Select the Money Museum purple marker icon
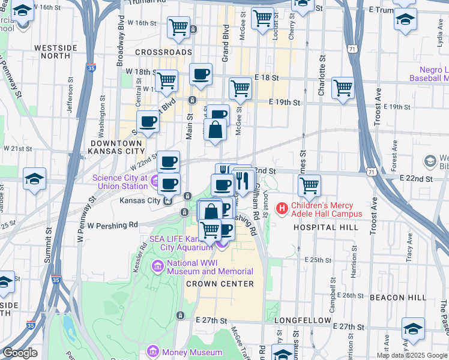153,350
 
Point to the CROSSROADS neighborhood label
163,52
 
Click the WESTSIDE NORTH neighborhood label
56,52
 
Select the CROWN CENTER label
220,283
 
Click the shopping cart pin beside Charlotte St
343,87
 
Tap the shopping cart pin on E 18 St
240,88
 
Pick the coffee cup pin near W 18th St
201,74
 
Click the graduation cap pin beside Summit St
34,178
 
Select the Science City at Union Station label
119,182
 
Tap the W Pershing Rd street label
112,226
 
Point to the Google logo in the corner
20,353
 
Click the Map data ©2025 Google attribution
412,355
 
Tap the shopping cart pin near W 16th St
178,27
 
